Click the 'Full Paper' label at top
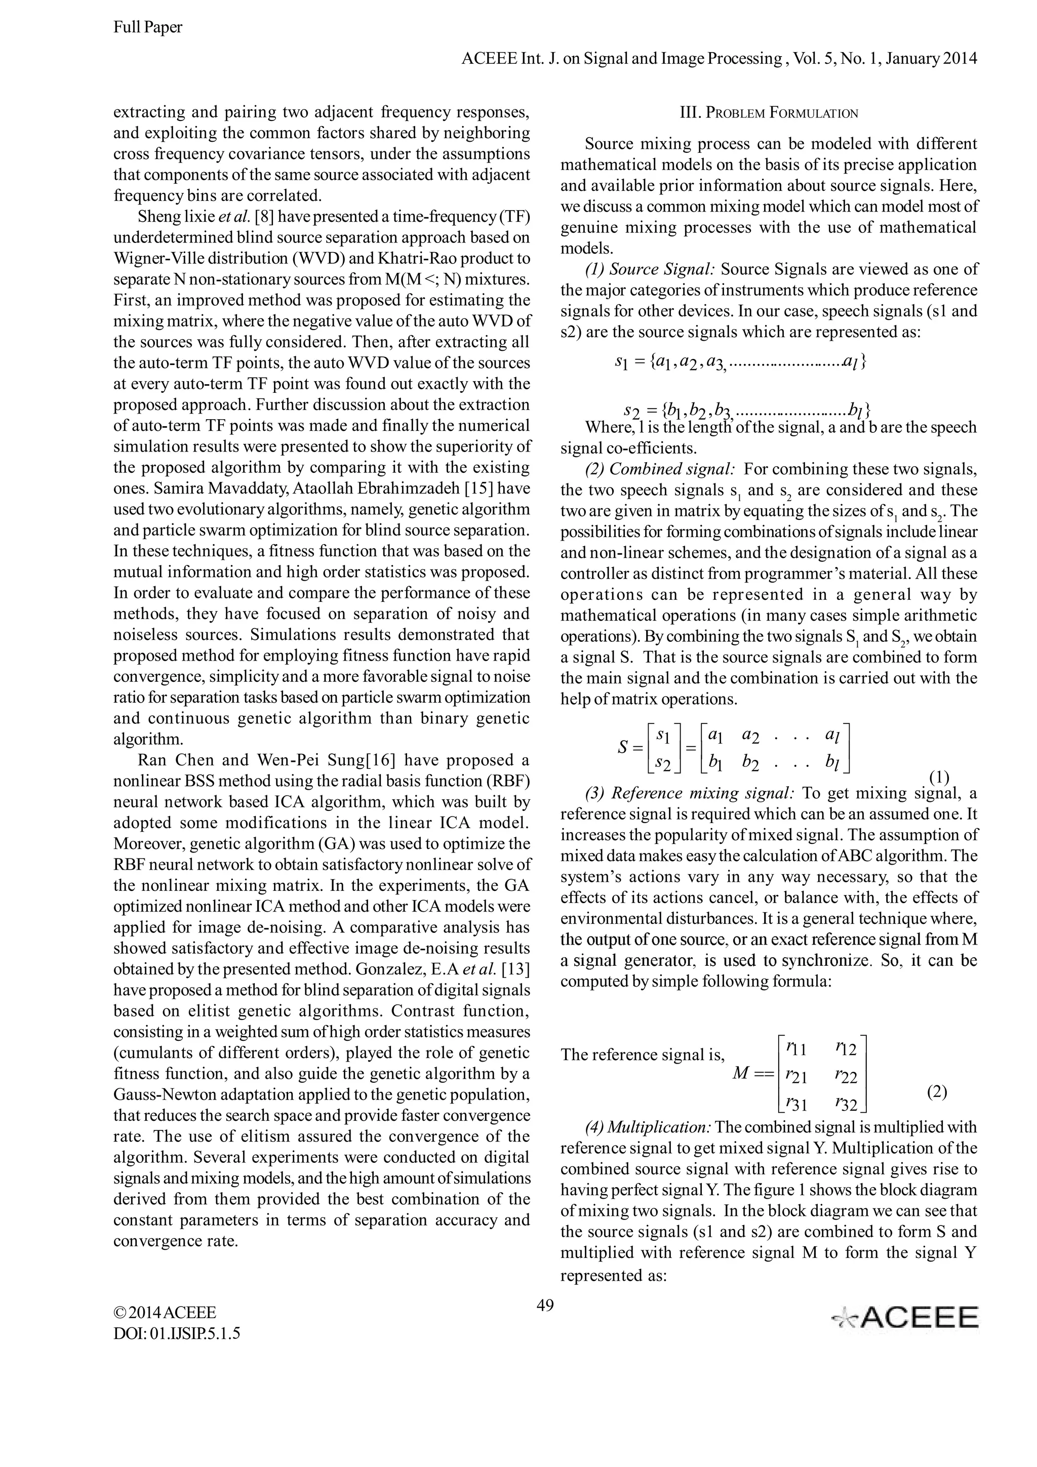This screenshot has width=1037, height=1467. [147, 27]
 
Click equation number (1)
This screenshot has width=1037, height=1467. [939, 777]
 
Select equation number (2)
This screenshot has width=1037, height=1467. [937, 1091]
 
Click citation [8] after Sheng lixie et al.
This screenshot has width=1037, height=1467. [264, 217]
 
